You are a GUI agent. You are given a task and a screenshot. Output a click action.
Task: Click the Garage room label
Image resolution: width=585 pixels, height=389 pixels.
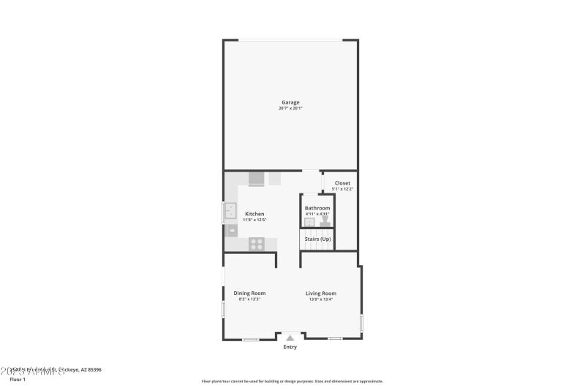point(290,102)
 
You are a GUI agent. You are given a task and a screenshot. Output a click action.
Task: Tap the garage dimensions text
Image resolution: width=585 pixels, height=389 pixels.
point(290,109)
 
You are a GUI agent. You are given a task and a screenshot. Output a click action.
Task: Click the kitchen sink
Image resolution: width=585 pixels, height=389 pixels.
point(230,212)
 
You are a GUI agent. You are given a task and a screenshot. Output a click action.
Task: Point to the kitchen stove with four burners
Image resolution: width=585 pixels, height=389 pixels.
point(256,244)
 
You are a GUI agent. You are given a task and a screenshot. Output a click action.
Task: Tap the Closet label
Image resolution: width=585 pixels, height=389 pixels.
point(342,183)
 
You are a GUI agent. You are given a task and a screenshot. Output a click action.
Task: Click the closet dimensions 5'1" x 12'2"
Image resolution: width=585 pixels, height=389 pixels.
point(342,189)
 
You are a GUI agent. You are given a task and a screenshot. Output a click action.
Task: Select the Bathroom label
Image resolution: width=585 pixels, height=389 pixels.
point(317,208)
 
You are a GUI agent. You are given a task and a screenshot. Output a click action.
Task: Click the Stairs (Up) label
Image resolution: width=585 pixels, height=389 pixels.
point(317,239)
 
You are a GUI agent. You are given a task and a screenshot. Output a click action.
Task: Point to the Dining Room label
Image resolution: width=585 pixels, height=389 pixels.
point(249,293)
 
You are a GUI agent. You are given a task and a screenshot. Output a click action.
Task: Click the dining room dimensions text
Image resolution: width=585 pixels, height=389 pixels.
point(249,299)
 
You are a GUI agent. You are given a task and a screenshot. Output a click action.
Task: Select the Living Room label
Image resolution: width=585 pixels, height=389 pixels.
point(321,293)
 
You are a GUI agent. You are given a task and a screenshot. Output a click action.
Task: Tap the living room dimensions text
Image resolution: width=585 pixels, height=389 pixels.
point(321,299)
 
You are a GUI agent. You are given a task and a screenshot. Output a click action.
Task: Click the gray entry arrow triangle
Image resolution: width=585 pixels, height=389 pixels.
point(290,337)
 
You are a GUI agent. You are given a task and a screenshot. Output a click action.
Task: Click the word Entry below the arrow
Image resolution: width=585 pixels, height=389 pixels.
point(290,347)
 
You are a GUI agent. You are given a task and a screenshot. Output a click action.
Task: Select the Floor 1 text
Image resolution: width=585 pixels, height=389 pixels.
point(18,380)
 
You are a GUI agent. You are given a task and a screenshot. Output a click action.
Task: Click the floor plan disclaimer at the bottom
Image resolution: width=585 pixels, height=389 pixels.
point(292,381)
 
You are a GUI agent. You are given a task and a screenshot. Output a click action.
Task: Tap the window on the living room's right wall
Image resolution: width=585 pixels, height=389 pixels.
point(361,323)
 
